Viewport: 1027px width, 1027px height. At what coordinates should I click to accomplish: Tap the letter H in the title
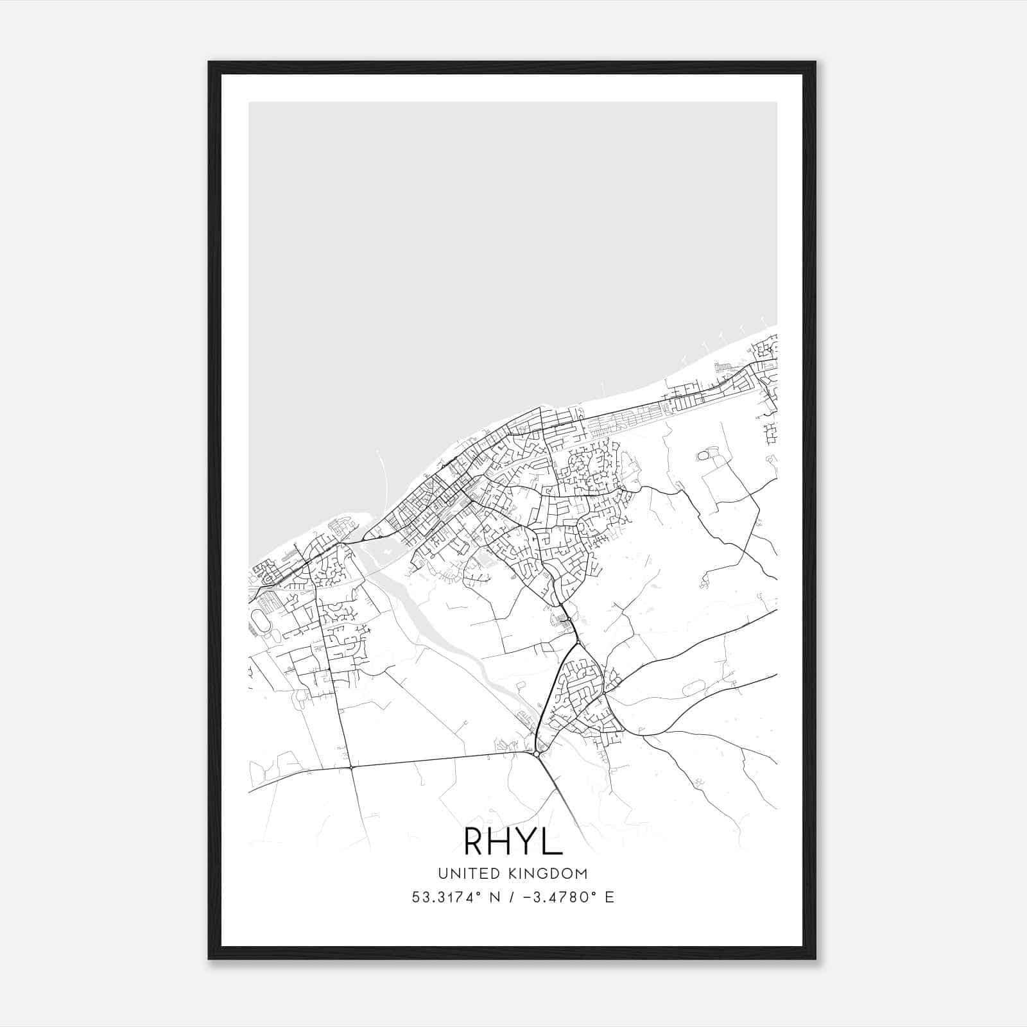pos(504,842)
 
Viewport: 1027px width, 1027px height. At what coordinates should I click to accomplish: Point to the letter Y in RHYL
pos(530,842)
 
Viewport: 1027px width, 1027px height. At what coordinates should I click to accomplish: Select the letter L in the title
pos(553,842)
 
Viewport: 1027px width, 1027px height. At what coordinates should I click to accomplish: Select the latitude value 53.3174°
pos(445,897)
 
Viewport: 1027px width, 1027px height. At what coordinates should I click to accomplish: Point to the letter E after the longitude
pos(609,897)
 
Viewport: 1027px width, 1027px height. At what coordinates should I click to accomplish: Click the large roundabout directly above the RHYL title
pos(536,754)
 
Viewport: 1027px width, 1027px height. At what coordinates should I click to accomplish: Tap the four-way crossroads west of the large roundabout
pos(351,766)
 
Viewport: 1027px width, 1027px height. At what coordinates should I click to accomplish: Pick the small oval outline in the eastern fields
pos(703,455)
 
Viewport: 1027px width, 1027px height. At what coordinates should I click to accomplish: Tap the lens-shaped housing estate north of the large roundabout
pos(578,687)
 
